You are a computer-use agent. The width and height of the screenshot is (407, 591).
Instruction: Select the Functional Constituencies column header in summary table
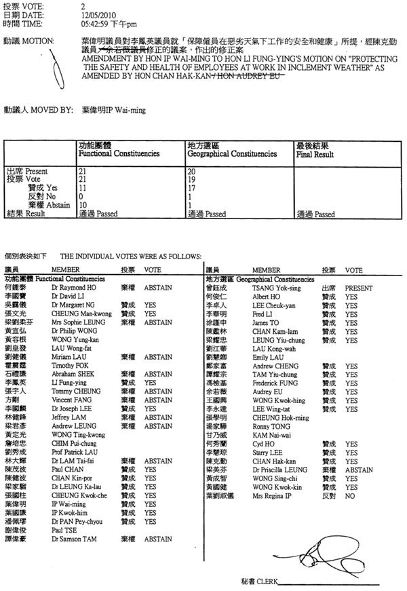119,153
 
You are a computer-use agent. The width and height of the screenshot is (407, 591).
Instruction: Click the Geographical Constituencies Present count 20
191,172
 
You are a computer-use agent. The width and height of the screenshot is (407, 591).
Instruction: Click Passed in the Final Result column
322,214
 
